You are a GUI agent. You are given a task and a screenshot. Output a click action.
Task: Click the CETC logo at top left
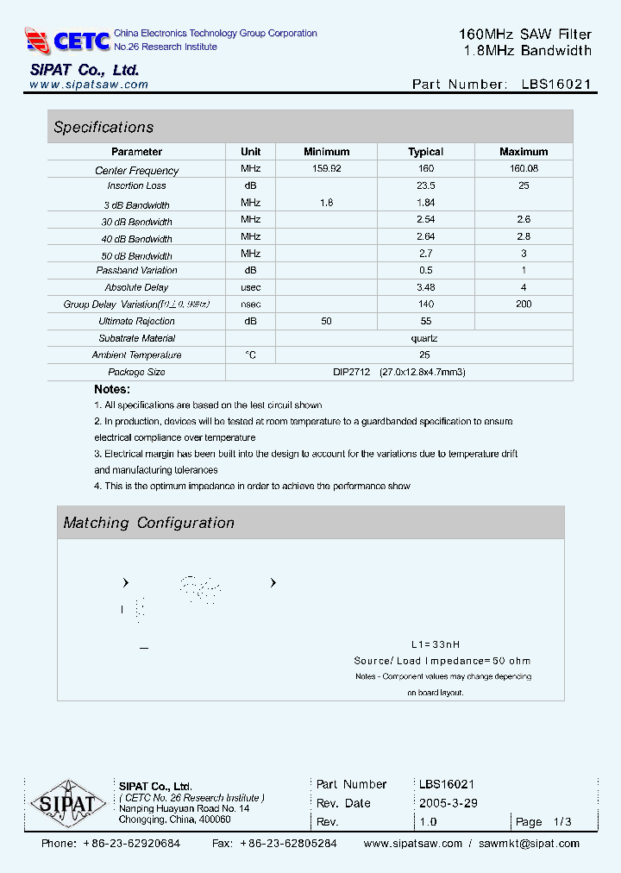coord(67,40)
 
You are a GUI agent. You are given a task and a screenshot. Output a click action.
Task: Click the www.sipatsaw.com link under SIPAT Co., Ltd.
coord(89,85)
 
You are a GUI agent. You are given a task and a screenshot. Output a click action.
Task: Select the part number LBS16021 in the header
coord(556,85)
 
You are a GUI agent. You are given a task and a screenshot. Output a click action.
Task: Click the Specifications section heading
coord(103,128)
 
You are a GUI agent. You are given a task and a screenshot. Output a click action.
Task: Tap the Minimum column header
coord(326,152)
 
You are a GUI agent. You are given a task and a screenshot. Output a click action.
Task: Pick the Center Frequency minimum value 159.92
coord(326,169)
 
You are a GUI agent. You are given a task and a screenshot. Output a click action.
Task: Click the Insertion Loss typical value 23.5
coord(425,185)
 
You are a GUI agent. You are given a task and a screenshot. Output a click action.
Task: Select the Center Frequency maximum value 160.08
coord(523,169)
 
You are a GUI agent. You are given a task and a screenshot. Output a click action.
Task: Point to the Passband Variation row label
coord(136,271)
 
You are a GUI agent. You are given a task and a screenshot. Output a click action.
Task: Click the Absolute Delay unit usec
coord(250,287)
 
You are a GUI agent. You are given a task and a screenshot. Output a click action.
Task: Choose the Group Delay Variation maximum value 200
coord(523,304)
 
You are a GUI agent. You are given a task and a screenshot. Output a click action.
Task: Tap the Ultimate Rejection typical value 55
coord(425,321)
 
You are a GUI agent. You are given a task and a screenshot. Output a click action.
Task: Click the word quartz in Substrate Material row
coord(424,338)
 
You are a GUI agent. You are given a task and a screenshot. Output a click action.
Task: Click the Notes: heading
coord(112,389)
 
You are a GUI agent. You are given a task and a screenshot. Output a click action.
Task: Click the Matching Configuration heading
coord(148,523)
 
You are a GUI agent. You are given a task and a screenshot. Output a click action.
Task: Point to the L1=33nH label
coord(436,644)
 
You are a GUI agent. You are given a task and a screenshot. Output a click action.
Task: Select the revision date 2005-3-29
coord(448,803)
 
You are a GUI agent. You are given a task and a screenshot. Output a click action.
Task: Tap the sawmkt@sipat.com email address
coord(529,844)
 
